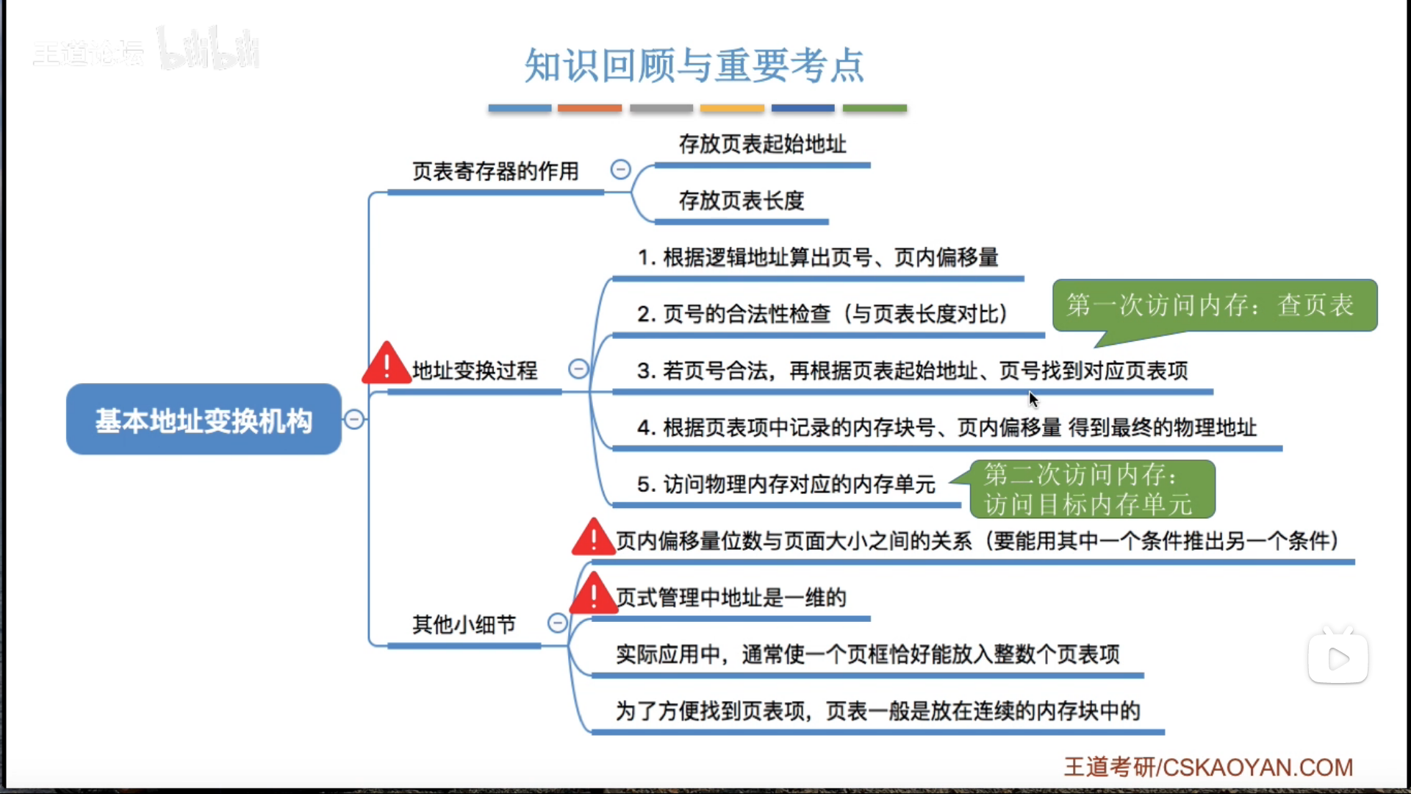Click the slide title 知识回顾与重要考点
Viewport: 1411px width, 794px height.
pyautogui.click(x=694, y=65)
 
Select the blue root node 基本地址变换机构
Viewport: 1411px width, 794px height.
pyautogui.click(x=204, y=420)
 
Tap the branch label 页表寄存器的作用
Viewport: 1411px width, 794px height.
pyautogui.click(x=495, y=171)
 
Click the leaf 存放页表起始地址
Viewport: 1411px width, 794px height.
pyautogui.click(x=762, y=144)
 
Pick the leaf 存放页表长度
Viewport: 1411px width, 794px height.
pyautogui.click(x=741, y=201)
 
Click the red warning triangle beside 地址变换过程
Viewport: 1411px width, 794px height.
pyautogui.click(x=386, y=365)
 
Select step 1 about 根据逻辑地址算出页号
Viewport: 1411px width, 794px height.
pyautogui.click(x=817, y=257)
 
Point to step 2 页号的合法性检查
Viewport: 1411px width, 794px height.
pyautogui.click(x=822, y=314)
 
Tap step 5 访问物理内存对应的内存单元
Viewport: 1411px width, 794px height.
pyautogui.click(x=786, y=484)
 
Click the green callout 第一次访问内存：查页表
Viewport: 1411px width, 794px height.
pyautogui.click(x=1214, y=305)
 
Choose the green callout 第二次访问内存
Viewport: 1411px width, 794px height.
pyautogui.click(x=1091, y=489)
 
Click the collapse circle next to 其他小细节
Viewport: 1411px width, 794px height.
pyautogui.click(x=558, y=623)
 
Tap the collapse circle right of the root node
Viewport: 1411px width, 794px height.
pyautogui.click(x=354, y=419)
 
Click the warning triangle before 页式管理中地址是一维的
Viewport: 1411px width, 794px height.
pyautogui.click(x=593, y=595)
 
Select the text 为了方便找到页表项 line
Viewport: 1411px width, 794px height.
pyautogui.click(x=877, y=711)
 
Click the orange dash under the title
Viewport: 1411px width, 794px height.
pyautogui.click(x=589, y=108)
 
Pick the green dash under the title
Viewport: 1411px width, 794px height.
pyautogui.click(x=875, y=108)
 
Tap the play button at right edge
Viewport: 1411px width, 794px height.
pyautogui.click(x=1338, y=659)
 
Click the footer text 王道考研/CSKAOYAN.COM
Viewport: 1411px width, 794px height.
pyautogui.click(x=1208, y=767)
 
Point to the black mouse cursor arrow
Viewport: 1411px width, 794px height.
pyautogui.click(x=1033, y=398)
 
